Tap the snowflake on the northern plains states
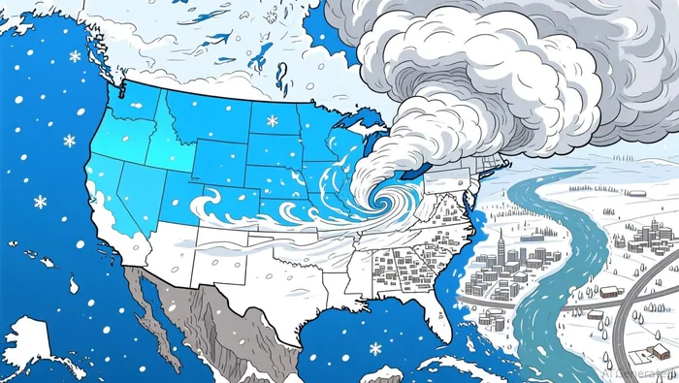click(272, 121)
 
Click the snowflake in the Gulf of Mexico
click(374, 348)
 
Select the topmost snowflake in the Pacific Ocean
click(75, 56)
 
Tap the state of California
click(107, 204)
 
